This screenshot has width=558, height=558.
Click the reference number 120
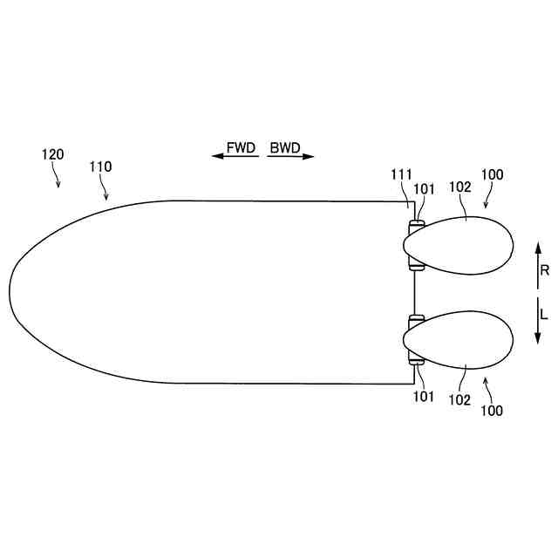pos(52,154)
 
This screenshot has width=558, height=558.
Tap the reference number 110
pos(100,167)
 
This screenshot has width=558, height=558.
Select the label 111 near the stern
pos(401,174)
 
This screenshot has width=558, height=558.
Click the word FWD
pos(241,147)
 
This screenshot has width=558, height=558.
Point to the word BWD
pos(285,147)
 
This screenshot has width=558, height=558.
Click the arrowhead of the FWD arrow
pos(217,156)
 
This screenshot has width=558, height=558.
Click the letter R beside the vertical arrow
pos(544,270)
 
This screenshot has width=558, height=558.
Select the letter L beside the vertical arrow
pos(543,314)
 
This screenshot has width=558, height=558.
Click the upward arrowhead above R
pos(538,248)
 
